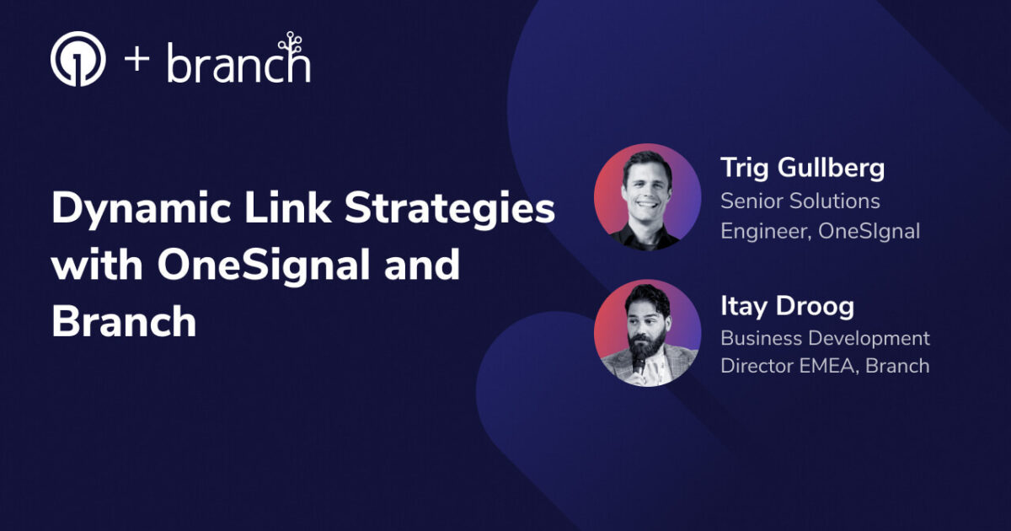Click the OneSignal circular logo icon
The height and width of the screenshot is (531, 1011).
point(78,60)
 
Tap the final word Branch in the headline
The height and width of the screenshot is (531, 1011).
point(124,322)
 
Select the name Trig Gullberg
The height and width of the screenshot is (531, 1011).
point(802,168)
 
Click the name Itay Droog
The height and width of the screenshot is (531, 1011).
point(787,307)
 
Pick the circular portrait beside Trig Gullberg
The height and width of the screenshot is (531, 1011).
point(647,196)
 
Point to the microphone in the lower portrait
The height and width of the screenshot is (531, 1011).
point(639,363)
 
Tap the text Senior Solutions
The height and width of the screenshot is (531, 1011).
point(800,201)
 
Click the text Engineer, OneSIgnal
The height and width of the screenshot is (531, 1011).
point(820,230)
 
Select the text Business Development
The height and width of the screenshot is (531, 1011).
point(825,339)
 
